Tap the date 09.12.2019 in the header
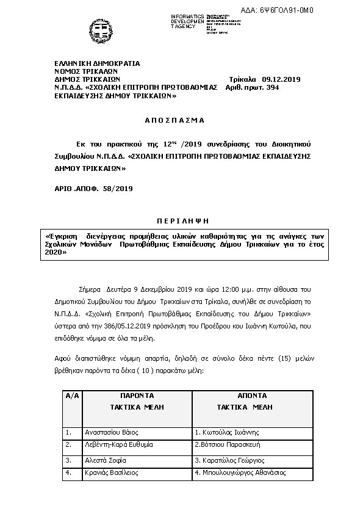(x=281, y=79)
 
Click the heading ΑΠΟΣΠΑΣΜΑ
(x=175, y=120)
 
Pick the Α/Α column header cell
(x=72, y=396)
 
